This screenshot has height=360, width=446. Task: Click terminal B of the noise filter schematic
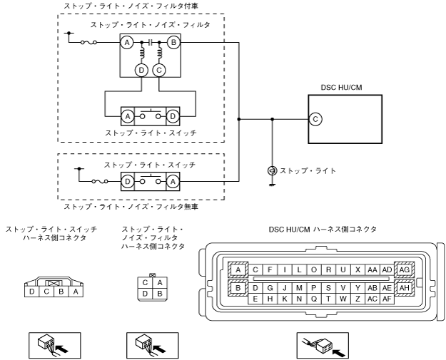tap(173, 43)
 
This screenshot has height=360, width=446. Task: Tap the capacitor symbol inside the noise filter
tap(151, 43)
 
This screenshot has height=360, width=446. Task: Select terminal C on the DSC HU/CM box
tap(315, 119)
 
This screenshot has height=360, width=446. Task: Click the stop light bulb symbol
tap(272, 171)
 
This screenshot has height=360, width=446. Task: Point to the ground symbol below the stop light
tap(272, 185)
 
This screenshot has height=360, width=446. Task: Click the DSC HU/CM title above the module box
tap(341, 87)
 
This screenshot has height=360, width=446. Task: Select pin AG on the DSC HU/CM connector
tap(404, 269)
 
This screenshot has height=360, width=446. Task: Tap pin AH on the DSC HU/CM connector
tap(404, 288)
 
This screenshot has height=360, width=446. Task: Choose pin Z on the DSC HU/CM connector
tap(358, 299)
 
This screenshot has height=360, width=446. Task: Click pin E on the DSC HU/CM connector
tap(255, 299)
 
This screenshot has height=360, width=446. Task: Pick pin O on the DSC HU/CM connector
tap(314, 269)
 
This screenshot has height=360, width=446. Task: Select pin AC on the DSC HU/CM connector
tap(372, 299)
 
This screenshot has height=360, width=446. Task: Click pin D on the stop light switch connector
tap(32, 292)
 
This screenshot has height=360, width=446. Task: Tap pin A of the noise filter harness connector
tap(160, 282)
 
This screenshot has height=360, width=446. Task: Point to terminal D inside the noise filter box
tap(141, 70)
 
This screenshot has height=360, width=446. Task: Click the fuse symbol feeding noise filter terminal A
tap(88, 43)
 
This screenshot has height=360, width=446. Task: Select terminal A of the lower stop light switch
tap(173, 182)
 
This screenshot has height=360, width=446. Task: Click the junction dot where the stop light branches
tap(272, 119)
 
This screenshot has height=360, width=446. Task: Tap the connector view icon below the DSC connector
tap(323, 345)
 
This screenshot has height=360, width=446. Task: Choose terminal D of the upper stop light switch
tap(173, 116)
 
